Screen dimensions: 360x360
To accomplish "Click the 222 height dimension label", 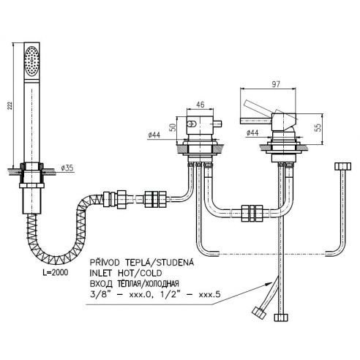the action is coord(10,105).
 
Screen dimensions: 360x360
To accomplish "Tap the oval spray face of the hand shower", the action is coord(32,61).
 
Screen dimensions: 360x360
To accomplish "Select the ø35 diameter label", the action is coord(67,168).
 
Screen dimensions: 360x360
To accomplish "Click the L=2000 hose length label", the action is coord(55,272).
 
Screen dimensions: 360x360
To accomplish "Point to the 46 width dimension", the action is coord(200,105).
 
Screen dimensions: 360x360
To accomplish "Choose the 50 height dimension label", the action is coord(173,127).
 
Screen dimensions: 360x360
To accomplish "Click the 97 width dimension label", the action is coord(276,84).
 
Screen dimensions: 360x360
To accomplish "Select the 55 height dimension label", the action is coord(318,127).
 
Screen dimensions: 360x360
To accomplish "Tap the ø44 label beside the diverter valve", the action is coord(154,135).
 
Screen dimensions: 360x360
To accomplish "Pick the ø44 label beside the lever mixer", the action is coord(252,132).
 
